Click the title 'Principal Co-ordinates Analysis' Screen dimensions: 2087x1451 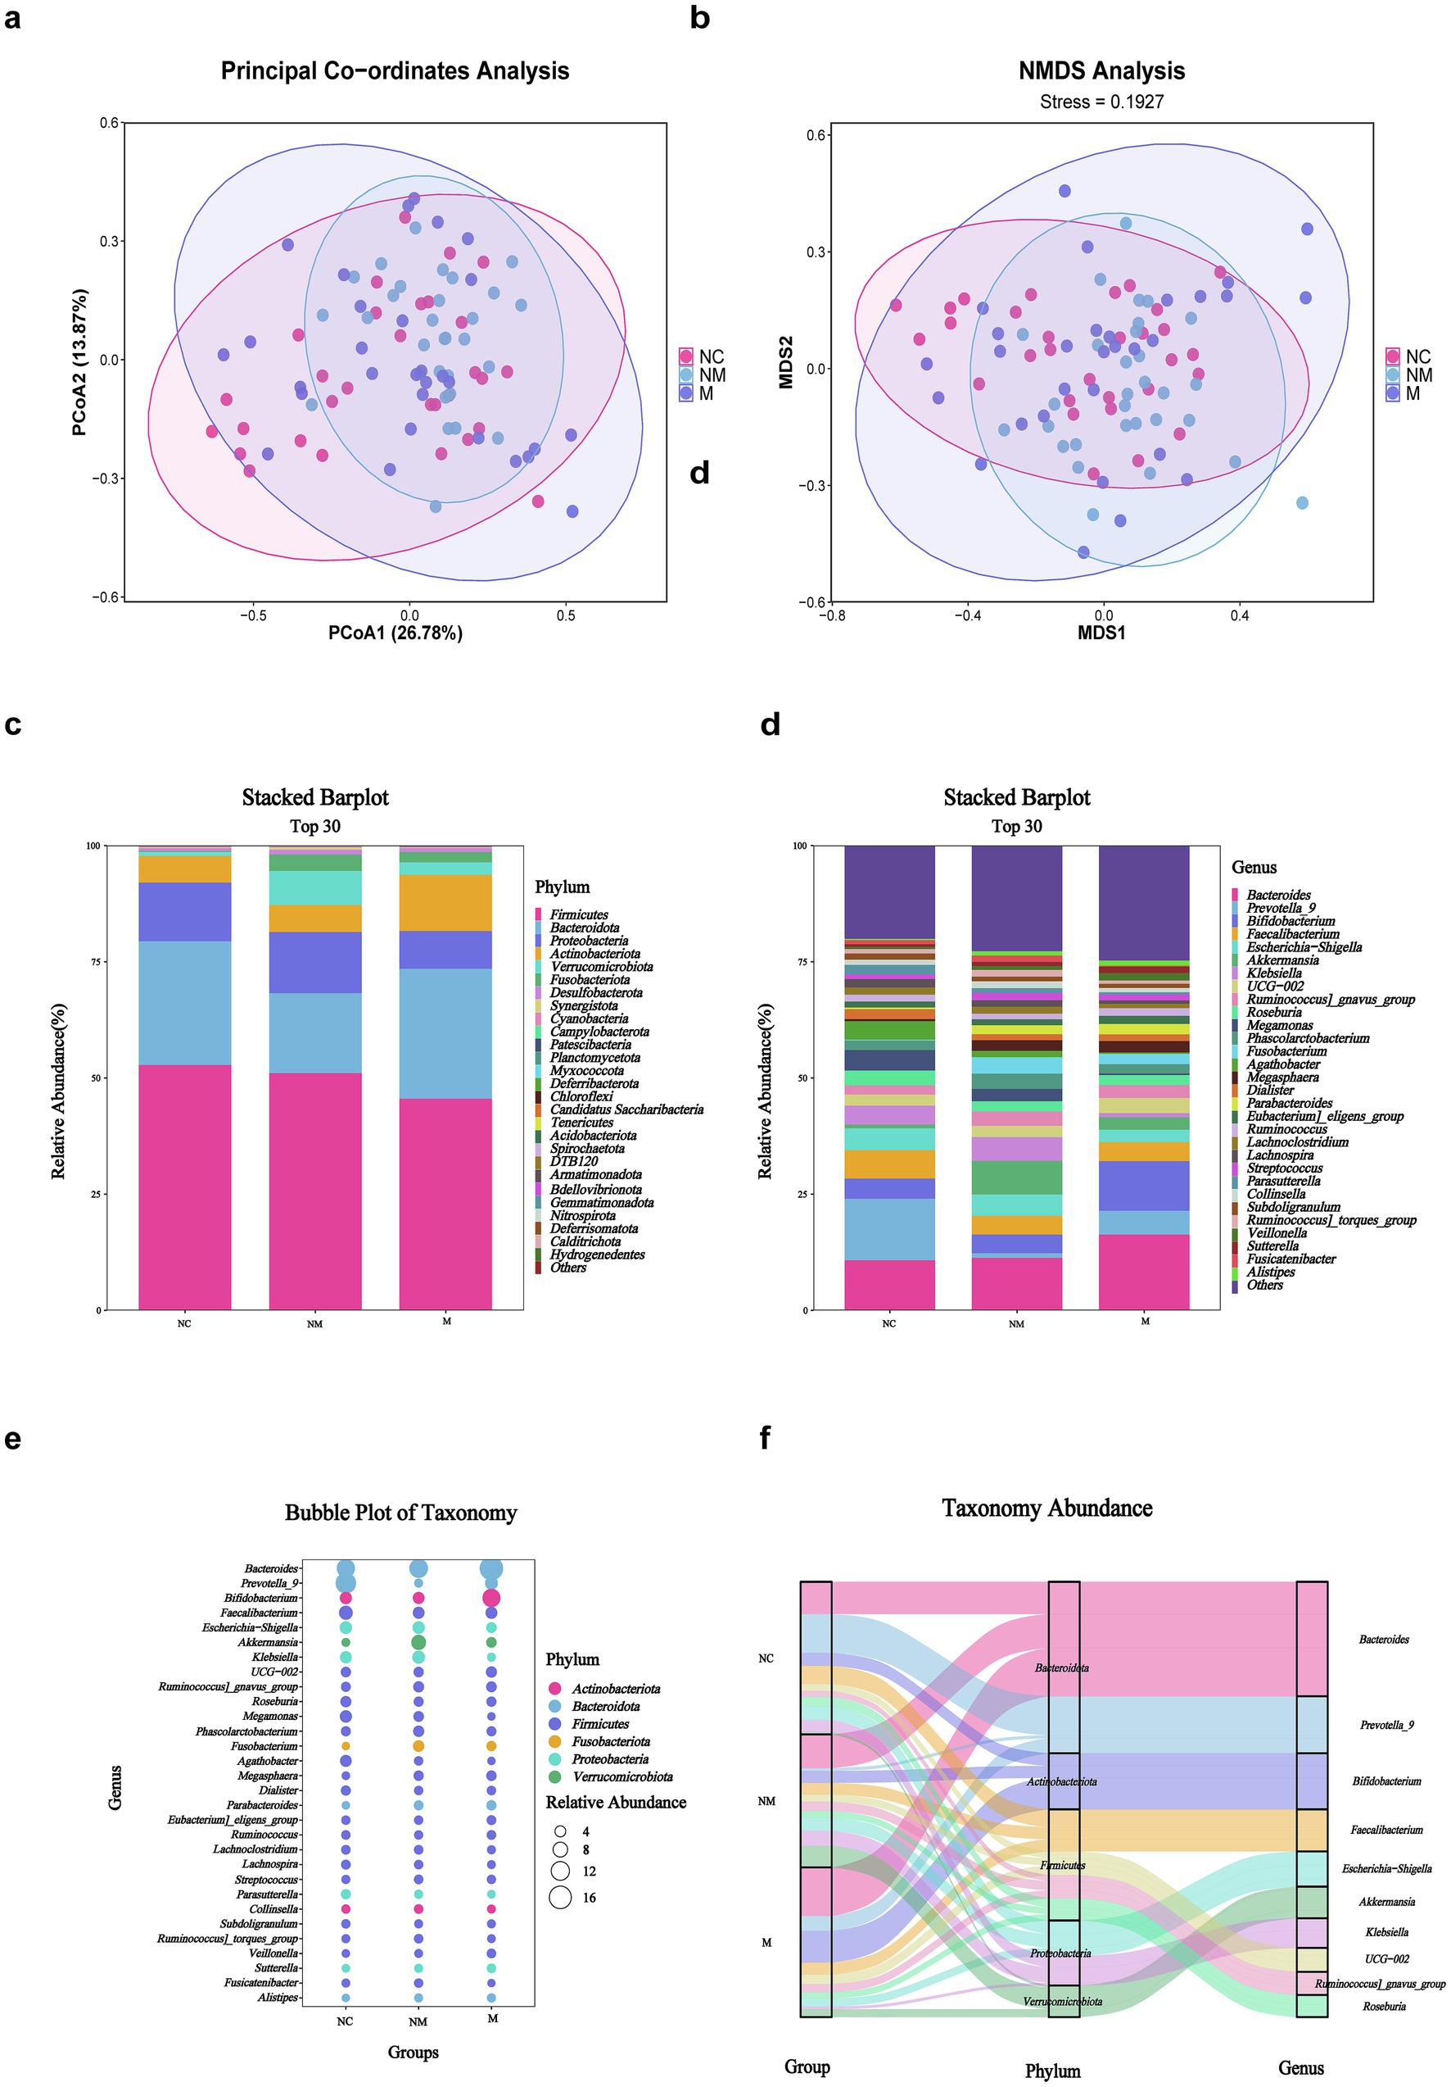tap(395, 71)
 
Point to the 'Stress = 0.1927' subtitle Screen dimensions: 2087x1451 tap(1101, 102)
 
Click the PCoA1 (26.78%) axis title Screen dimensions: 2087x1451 tap(395, 633)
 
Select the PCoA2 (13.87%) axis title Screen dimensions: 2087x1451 tap(80, 362)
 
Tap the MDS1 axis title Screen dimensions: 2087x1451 tap(1101, 633)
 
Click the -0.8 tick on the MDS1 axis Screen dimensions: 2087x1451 tap(831, 616)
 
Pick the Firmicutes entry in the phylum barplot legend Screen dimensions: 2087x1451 tap(579, 914)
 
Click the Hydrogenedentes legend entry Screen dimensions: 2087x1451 tap(597, 1254)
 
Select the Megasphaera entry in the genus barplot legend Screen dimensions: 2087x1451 tap(1282, 1078)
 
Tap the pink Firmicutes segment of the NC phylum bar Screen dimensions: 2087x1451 tap(184, 1186)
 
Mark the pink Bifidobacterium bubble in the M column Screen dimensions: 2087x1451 tap(491, 1598)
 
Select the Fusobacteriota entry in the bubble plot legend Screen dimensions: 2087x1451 tap(610, 1741)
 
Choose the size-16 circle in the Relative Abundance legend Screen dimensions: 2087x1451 tap(561, 1897)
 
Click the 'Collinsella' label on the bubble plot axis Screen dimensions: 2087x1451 tap(273, 1909)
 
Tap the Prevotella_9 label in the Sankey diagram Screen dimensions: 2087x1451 tap(1386, 1724)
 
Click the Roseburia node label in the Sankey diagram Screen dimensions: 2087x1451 tap(1384, 2006)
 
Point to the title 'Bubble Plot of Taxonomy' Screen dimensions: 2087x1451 tap(400, 1513)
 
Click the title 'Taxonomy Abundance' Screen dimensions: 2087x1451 tap(1046, 1508)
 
